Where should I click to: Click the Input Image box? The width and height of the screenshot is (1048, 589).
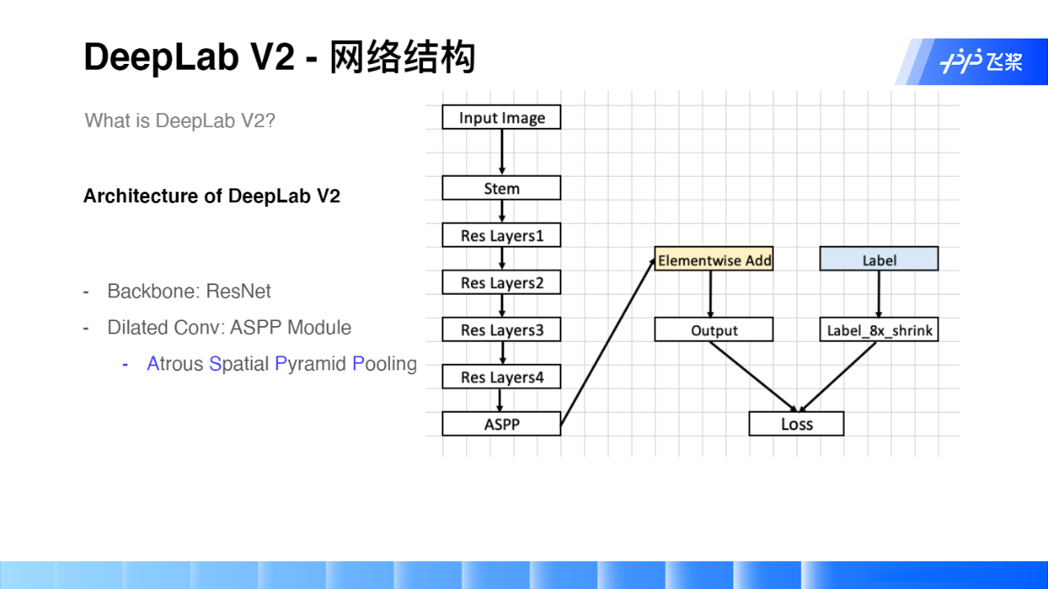coord(501,117)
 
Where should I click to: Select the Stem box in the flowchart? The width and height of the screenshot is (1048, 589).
coord(501,188)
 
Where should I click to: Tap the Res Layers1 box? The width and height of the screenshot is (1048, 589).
coord(501,236)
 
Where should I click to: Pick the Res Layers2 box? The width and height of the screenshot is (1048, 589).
coord(501,283)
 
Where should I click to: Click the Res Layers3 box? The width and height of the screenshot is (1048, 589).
coord(501,330)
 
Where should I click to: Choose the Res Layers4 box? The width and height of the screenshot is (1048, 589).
coord(501,377)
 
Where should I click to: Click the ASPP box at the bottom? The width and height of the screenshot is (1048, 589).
coord(501,424)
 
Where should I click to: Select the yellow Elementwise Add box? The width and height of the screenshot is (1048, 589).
coord(714,260)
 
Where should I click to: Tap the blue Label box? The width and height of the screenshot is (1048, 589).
coord(878,260)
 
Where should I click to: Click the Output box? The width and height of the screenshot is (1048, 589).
coord(714,330)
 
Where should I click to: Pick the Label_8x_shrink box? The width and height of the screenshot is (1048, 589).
coord(878,330)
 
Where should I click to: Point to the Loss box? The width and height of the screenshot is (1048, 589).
coord(796,424)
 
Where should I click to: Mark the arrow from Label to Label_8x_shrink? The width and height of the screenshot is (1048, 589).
coord(879,294)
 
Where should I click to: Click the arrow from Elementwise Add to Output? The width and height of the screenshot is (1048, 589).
coord(710,294)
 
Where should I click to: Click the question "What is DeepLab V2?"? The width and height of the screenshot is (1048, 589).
coord(179,121)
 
